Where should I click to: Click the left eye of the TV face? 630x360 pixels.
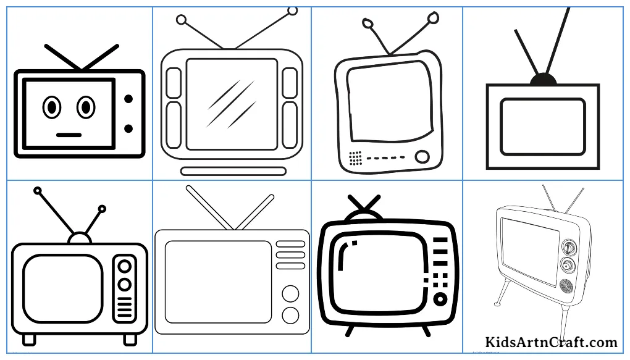click(x=52, y=107)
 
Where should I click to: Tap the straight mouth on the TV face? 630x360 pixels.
click(x=69, y=135)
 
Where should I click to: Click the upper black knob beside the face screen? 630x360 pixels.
click(x=128, y=99)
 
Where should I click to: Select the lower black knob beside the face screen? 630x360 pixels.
click(x=128, y=128)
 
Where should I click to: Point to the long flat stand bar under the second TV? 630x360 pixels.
click(x=233, y=172)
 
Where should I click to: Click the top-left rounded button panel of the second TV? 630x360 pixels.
click(x=174, y=83)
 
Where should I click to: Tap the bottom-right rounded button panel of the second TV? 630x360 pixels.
click(x=290, y=125)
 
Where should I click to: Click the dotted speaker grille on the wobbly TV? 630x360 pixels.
click(x=356, y=158)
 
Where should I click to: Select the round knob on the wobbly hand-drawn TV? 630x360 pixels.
click(x=422, y=157)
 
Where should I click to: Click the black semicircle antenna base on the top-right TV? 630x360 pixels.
click(x=543, y=80)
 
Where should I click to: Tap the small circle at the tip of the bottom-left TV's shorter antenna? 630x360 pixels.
click(x=102, y=209)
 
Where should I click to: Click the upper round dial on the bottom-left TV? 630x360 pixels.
click(x=125, y=266)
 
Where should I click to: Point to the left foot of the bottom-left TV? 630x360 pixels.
click(x=29, y=340)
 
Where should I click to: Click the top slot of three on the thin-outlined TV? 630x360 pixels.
click(x=290, y=244)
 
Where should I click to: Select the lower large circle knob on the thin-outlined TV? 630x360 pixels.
click(x=290, y=316)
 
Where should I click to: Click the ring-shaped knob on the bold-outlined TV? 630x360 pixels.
click(x=440, y=299)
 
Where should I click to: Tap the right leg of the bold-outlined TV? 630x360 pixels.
click(x=426, y=331)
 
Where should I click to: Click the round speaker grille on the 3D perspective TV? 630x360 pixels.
click(x=566, y=286)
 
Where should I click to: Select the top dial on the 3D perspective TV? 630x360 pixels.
click(x=568, y=247)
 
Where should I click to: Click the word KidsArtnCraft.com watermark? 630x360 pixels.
click(x=551, y=342)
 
